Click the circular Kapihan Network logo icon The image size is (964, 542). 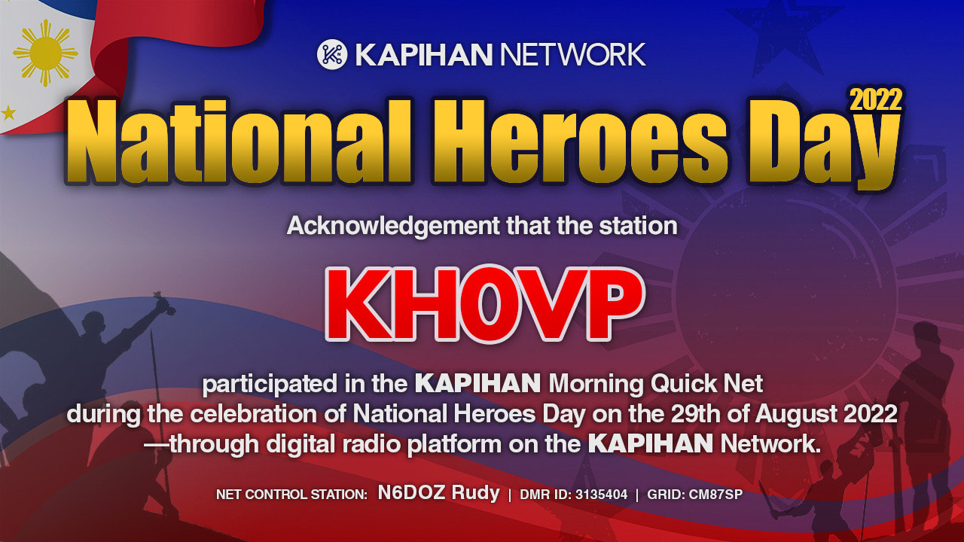click(x=332, y=54)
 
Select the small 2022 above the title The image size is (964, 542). click(x=876, y=100)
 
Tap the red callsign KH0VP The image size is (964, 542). click(x=486, y=303)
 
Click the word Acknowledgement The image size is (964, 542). click(x=393, y=227)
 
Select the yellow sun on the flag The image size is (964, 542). click(x=45, y=53)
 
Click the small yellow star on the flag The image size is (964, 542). click(x=8, y=113)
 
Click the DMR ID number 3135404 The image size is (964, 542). click(x=601, y=495)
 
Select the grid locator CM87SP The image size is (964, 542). click(x=715, y=495)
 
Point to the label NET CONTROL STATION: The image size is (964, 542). click(x=291, y=495)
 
